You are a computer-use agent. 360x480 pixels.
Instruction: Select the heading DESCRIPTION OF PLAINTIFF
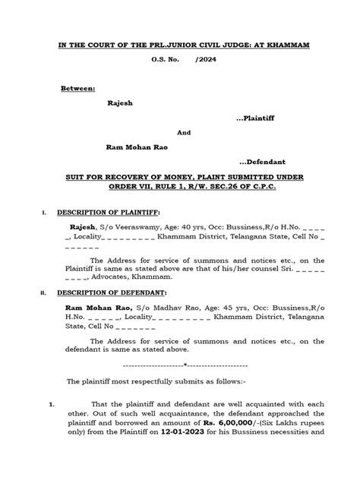coord(106,213)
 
